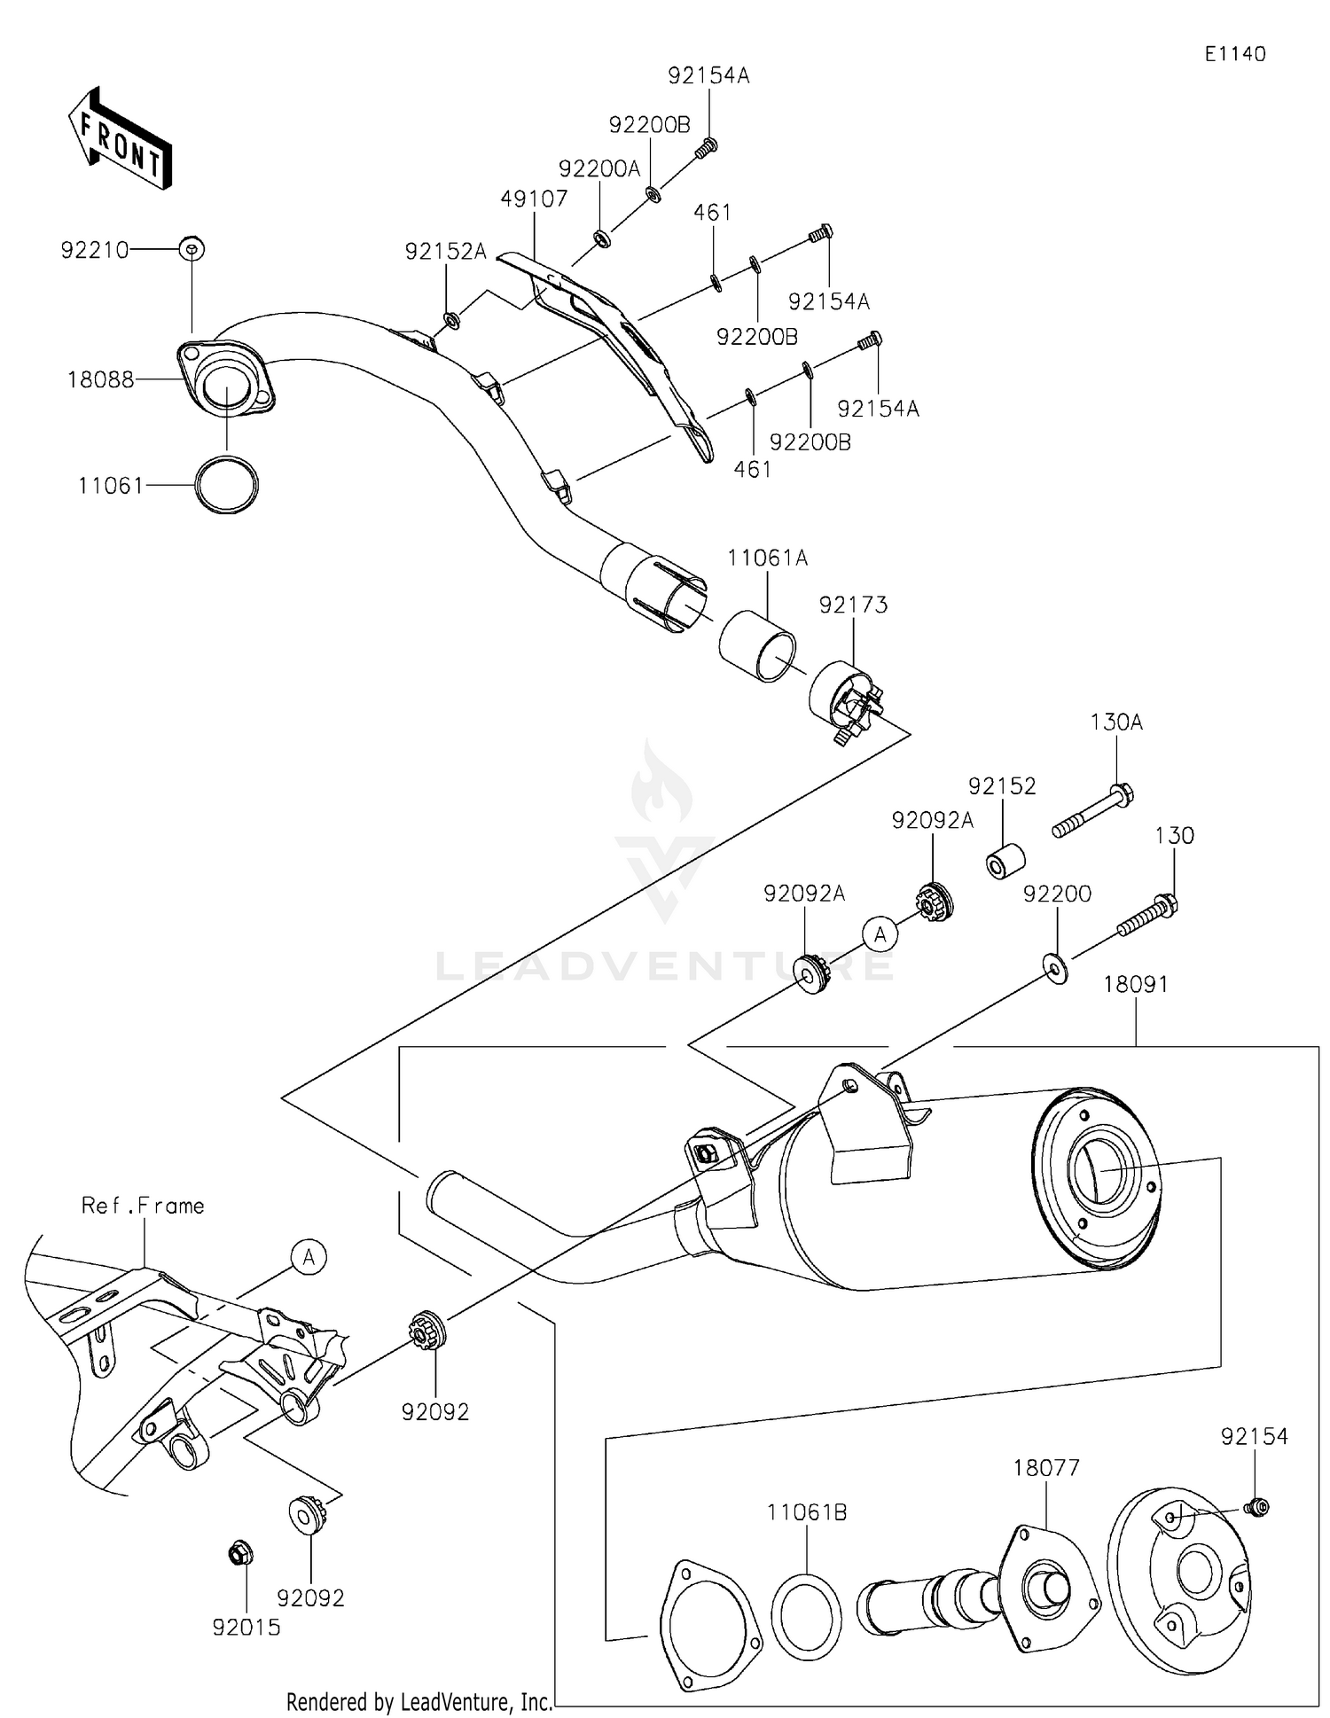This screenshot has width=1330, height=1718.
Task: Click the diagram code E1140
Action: (x=1234, y=54)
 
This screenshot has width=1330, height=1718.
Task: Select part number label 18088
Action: (x=100, y=380)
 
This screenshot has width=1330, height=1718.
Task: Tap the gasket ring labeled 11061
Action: (x=227, y=485)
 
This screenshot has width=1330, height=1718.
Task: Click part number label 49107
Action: (x=534, y=199)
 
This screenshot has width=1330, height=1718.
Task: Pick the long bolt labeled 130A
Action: (x=1092, y=811)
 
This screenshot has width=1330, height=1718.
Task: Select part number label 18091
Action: (x=1136, y=985)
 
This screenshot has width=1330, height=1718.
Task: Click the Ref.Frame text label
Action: (x=143, y=1206)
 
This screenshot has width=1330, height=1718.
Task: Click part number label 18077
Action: (x=1046, y=1469)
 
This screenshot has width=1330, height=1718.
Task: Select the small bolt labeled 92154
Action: (x=1256, y=1506)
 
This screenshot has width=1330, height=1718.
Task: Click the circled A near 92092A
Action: (x=880, y=934)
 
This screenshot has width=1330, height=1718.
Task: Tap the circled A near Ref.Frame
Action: (x=309, y=1257)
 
